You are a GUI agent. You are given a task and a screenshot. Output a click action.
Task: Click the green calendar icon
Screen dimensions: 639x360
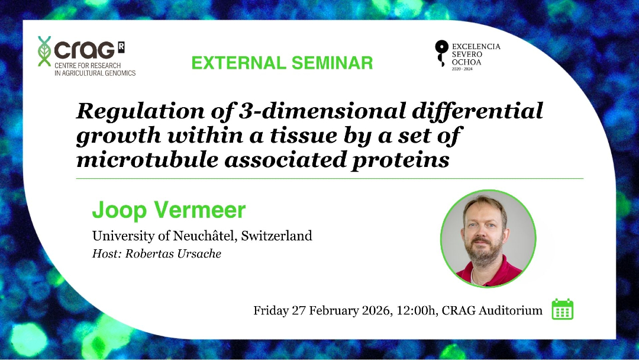tap(563, 309)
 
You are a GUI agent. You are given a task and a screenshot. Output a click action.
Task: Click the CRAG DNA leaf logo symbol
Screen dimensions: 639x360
tap(44, 51)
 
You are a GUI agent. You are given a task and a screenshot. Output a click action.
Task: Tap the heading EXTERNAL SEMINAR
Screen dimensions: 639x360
tap(282, 63)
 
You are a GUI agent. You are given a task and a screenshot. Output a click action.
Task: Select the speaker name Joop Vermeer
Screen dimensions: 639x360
tap(169, 210)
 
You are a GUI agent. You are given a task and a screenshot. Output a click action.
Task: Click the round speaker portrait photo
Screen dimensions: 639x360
tap(488, 239)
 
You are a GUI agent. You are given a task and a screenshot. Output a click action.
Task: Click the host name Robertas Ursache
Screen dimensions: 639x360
tap(173, 253)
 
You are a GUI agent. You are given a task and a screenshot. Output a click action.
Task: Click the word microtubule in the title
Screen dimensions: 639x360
tap(147, 159)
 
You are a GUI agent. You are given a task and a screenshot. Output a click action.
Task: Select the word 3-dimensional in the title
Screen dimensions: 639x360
tap(322, 111)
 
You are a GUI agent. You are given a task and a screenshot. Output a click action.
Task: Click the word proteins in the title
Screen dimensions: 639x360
tap(401, 160)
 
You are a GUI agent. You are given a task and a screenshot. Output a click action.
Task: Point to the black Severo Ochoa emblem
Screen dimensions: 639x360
tap(441, 53)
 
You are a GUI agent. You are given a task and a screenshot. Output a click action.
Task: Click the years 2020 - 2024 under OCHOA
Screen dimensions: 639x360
tap(462, 69)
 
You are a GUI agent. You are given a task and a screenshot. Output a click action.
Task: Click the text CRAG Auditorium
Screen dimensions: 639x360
tap(492, 311)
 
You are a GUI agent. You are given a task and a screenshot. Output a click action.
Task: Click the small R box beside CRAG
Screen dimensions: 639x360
tap(121, 47)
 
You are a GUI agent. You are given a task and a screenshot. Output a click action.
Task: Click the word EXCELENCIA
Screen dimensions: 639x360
tap(476, 46)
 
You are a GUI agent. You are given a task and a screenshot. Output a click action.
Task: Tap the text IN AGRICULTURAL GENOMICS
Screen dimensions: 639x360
tap(95, 73)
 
